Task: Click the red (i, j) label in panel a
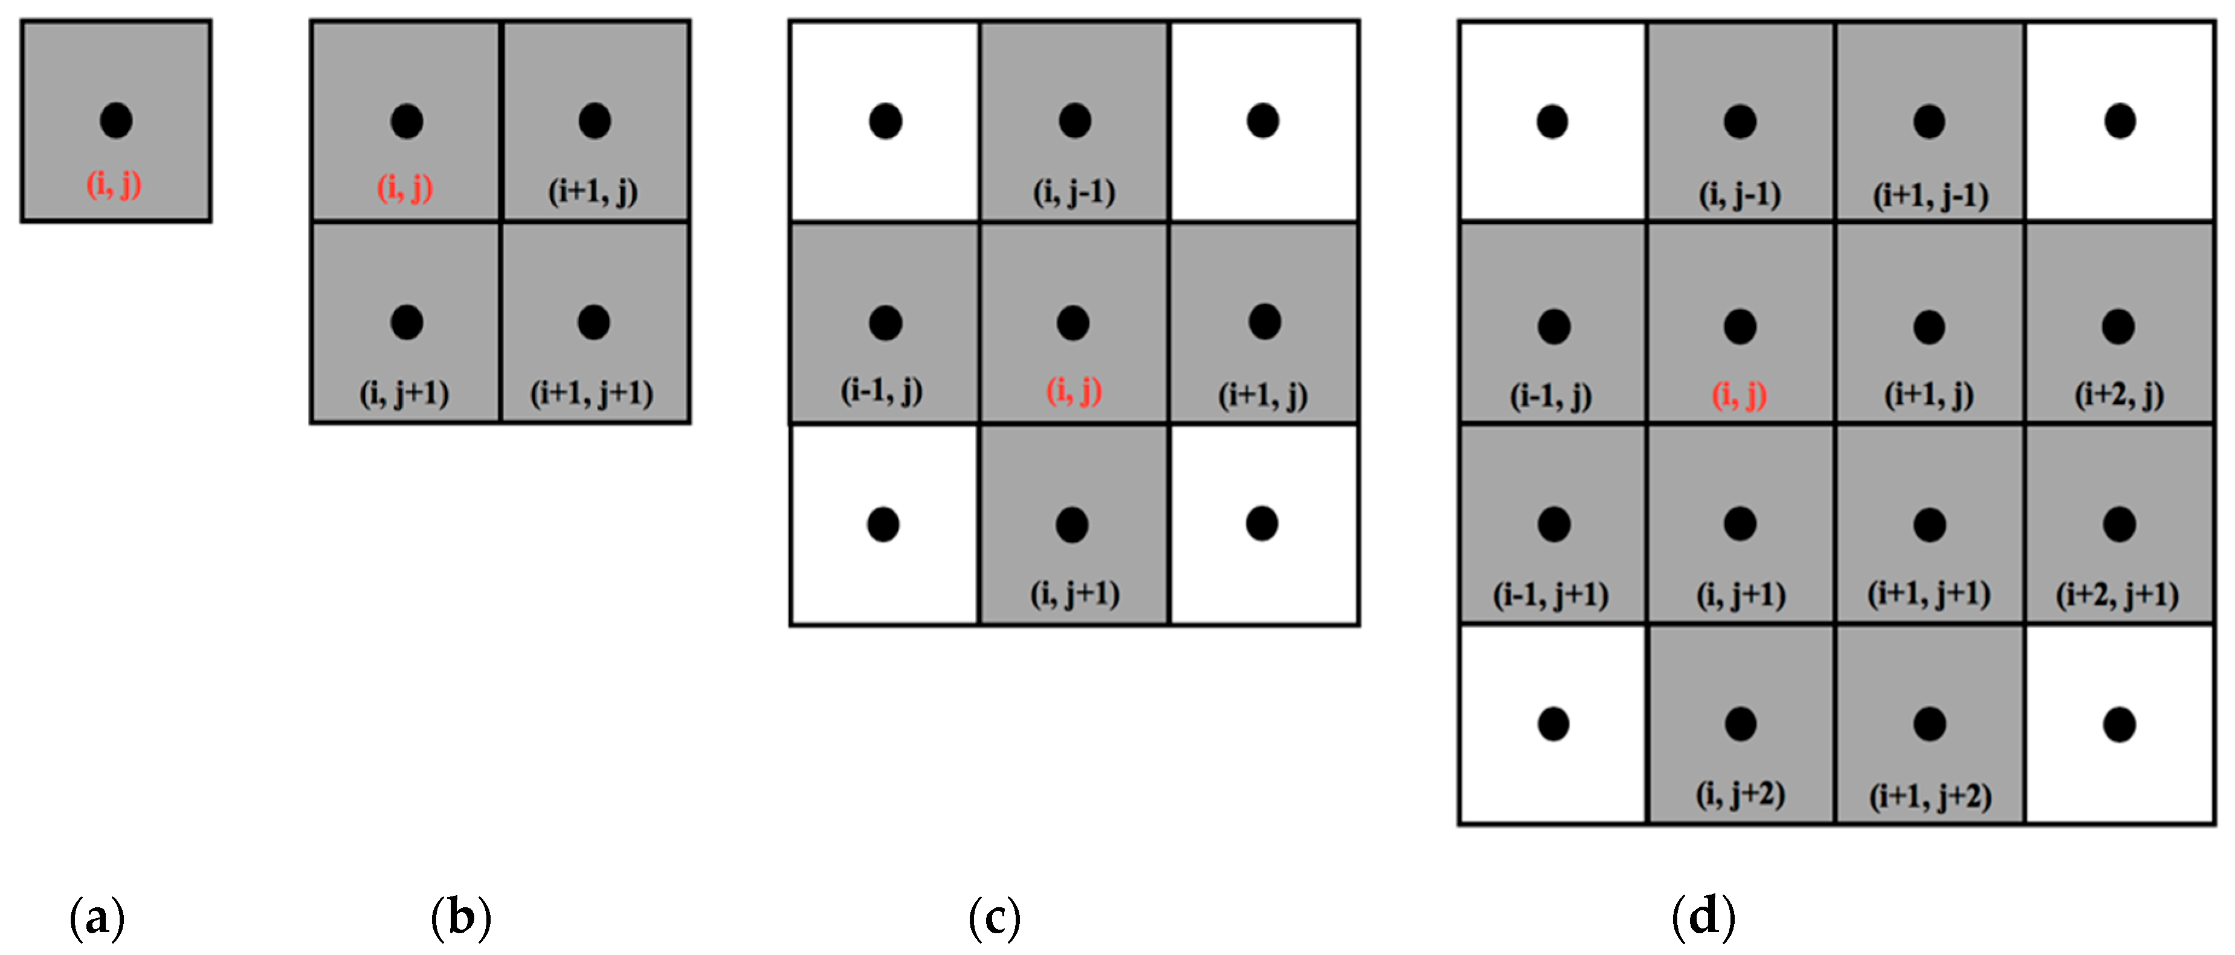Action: click(x=114, y=185)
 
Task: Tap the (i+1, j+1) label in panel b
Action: click(x=592, y=394)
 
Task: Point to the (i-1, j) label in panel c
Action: click(x=882, y=391)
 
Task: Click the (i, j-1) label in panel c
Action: click(x=1074, y=193)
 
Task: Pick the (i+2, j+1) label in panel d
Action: click(x=2117, y=595)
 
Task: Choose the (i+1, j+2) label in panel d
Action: click(x=1930, y=796)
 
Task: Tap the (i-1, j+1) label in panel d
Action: click(x=1550, y=595)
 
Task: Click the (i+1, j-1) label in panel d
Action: click(x=1930, y=195)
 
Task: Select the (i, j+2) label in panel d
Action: click(x=1741, y=794)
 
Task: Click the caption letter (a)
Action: click(x=97, y=918)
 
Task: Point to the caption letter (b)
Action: click(x=460, y=918)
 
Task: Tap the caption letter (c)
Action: click(x=995, y=918)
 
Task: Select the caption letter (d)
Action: click(x=1703, y=918)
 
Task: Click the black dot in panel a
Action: click(x=116, y=121)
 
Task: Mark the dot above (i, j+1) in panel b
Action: click(x=407, y=322)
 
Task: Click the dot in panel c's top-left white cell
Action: click(x=885, y=121)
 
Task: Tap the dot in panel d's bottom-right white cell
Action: click(x=2120, y=725)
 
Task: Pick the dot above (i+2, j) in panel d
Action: click(x=2118, y=326)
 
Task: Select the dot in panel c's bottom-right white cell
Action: click(x=1262, y=523)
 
